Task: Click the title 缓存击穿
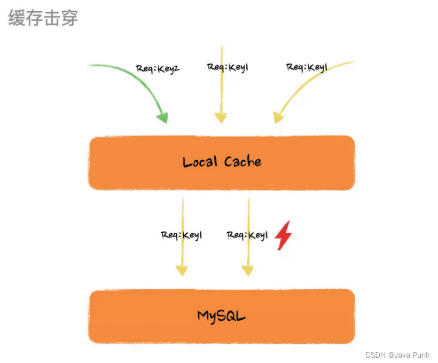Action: coord(43,17)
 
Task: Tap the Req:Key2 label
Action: coord(158,68)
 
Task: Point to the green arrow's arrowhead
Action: coord(162,117)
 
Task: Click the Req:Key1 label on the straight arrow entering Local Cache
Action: coord(228,67)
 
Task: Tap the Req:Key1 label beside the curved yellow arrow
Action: coord(307,67)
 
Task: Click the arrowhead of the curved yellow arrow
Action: coord(278,117)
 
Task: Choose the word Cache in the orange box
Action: coord(243,162)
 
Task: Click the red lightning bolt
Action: coord(283,235)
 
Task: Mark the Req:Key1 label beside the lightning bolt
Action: coord(247,235)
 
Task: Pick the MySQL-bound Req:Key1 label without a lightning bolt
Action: coord(181,235)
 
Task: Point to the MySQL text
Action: coord(221,316)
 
